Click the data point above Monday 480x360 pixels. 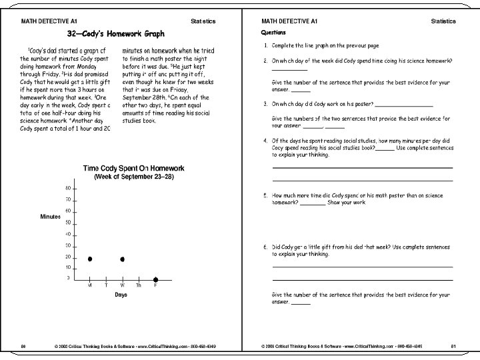coord(90,259)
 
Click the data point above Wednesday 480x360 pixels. coord(123,259)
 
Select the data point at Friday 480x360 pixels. coord(155,279)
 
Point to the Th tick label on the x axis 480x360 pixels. coord(139,286)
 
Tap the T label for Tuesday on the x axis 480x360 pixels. coord(106,286)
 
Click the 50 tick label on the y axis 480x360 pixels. coord(67,222)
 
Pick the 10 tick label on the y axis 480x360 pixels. coord(67,267)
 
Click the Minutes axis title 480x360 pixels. coord(51,217)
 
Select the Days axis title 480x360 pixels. coord(121,294)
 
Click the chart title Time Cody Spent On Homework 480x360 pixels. coord(133,169)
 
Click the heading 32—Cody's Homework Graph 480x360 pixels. coord(116,33)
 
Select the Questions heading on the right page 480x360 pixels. coord(274,32)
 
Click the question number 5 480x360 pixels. coord(265,197)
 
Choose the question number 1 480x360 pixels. coord(265,45)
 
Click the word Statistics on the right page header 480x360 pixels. coord(443,21)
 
